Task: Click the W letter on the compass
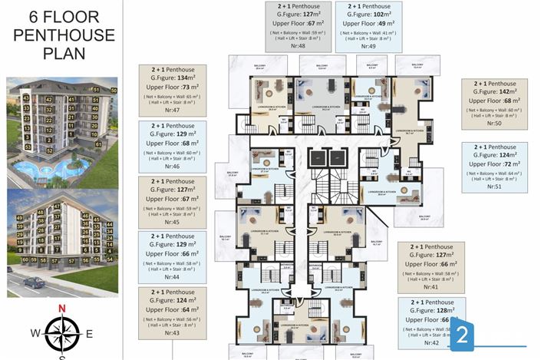[35, 333]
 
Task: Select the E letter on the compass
[89, 333]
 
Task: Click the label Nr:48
[296, 46]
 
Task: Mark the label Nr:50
[493, 123]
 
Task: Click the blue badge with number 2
[462, 335]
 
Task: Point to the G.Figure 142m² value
[494, 91]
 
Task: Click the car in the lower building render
[35, 282]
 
